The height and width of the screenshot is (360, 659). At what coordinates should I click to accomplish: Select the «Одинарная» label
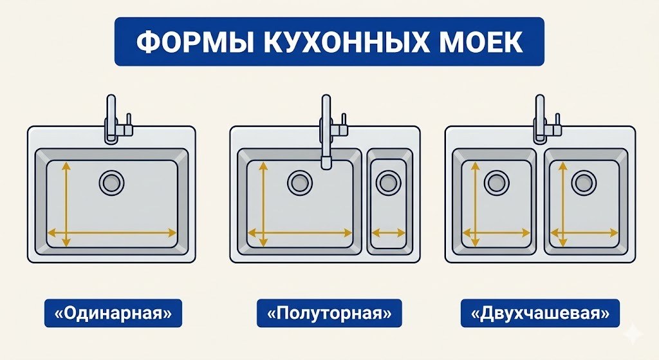pyautogui.click(x=113, y=314)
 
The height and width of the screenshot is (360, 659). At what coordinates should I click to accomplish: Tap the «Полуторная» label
pyautogui.click(x=329, y=314)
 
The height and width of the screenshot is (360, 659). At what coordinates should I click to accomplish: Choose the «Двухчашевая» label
pyautogui.click(x=540, y=314)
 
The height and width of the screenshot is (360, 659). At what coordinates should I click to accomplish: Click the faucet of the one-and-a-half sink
pyautogui.click(x=328, y=129)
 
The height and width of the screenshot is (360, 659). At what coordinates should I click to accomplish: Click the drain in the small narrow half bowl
pyautogui.click(x=387, y=182)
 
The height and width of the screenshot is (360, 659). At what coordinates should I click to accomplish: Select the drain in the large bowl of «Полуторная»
pyautogui.click(x=299, y=182)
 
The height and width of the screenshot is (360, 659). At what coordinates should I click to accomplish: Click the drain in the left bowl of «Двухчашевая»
pyautogui.click(x=496, y=182)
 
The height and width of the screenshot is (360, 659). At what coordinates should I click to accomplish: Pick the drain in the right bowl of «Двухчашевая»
pyautogui.click(x=583, y=182)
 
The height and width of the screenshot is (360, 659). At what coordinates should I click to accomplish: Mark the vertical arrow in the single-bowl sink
pyautogui.click(x=64, y=203)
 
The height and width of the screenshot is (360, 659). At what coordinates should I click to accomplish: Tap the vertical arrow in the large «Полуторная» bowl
pyautogui.click(x=263, y=203)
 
